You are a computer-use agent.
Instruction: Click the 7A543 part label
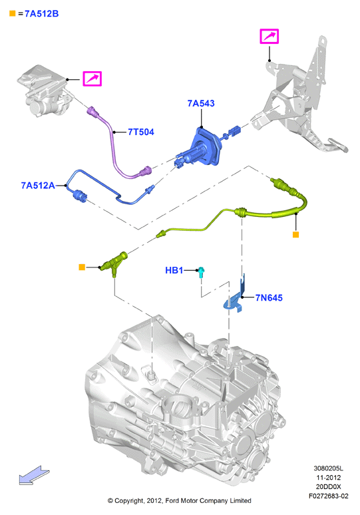point(201,103)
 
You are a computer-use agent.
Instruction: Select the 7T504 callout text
point(141,132)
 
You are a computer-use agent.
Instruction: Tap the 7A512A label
point(38,186)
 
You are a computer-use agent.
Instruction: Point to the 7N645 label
point(269,298)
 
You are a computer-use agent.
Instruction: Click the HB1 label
point(174,270)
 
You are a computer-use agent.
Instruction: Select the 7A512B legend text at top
point(42,14)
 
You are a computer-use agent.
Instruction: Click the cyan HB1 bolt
point(201,272)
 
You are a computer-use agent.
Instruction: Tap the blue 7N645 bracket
point(236,297)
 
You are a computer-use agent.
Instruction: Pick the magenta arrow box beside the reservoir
point(92,79)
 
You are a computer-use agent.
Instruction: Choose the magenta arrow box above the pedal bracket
point(270,36)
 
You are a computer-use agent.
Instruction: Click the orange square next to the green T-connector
point(82,267)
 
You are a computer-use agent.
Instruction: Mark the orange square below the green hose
point(295,234)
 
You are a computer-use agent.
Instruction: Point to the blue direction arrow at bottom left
point(34,475)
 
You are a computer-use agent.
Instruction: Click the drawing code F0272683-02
point(328,496)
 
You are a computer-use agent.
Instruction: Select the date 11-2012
point(328,478)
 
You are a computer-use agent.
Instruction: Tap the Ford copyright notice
point(180,500)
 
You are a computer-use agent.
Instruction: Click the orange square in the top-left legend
point(13,13)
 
